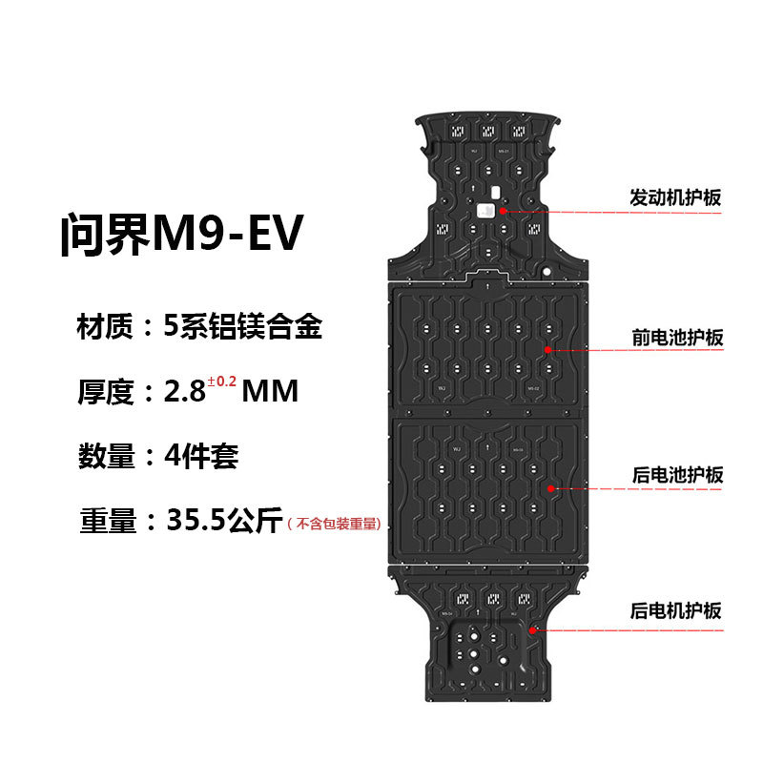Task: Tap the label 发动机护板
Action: point(675,198)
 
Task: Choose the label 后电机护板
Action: point(675,611)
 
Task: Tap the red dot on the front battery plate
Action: point(548,350)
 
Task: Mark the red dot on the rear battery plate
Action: point(550,488)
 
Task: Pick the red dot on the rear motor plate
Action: point(533,629)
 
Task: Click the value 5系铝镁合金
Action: point(243,327)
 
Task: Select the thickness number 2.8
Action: point(185,392)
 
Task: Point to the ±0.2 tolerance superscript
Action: point(221,382)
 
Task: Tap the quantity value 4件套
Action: point(200,456)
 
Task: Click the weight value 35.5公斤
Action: point(225,521)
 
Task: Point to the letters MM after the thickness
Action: point(271,392)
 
